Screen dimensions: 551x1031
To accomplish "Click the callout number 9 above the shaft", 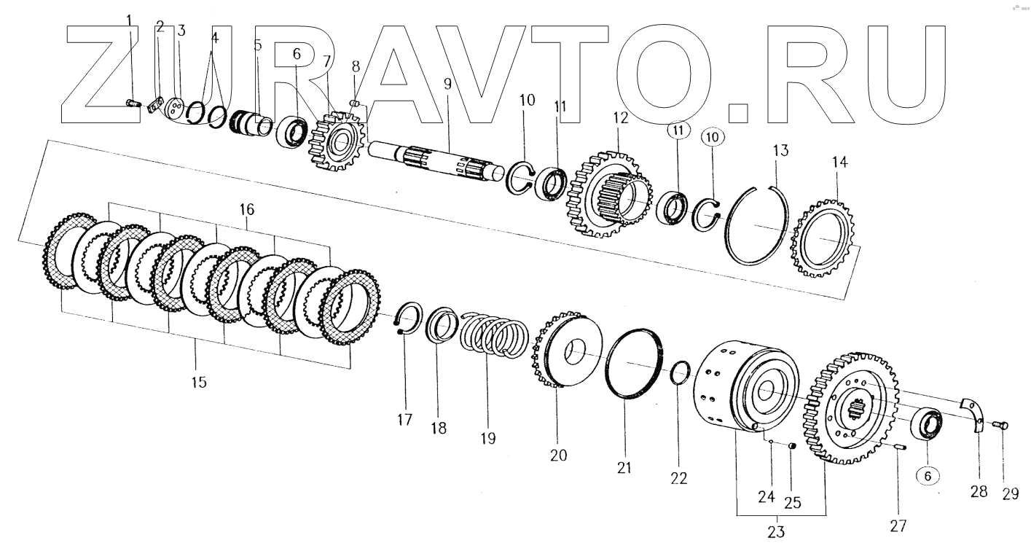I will (x=447, y=83).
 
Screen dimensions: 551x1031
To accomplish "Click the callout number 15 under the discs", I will (x=199, y=381).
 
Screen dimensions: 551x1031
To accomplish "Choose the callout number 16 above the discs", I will (x=246, y=210).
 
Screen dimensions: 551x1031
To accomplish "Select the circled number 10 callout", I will (x=713, y=136).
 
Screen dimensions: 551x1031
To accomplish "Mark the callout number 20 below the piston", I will (x=558, y=455).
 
